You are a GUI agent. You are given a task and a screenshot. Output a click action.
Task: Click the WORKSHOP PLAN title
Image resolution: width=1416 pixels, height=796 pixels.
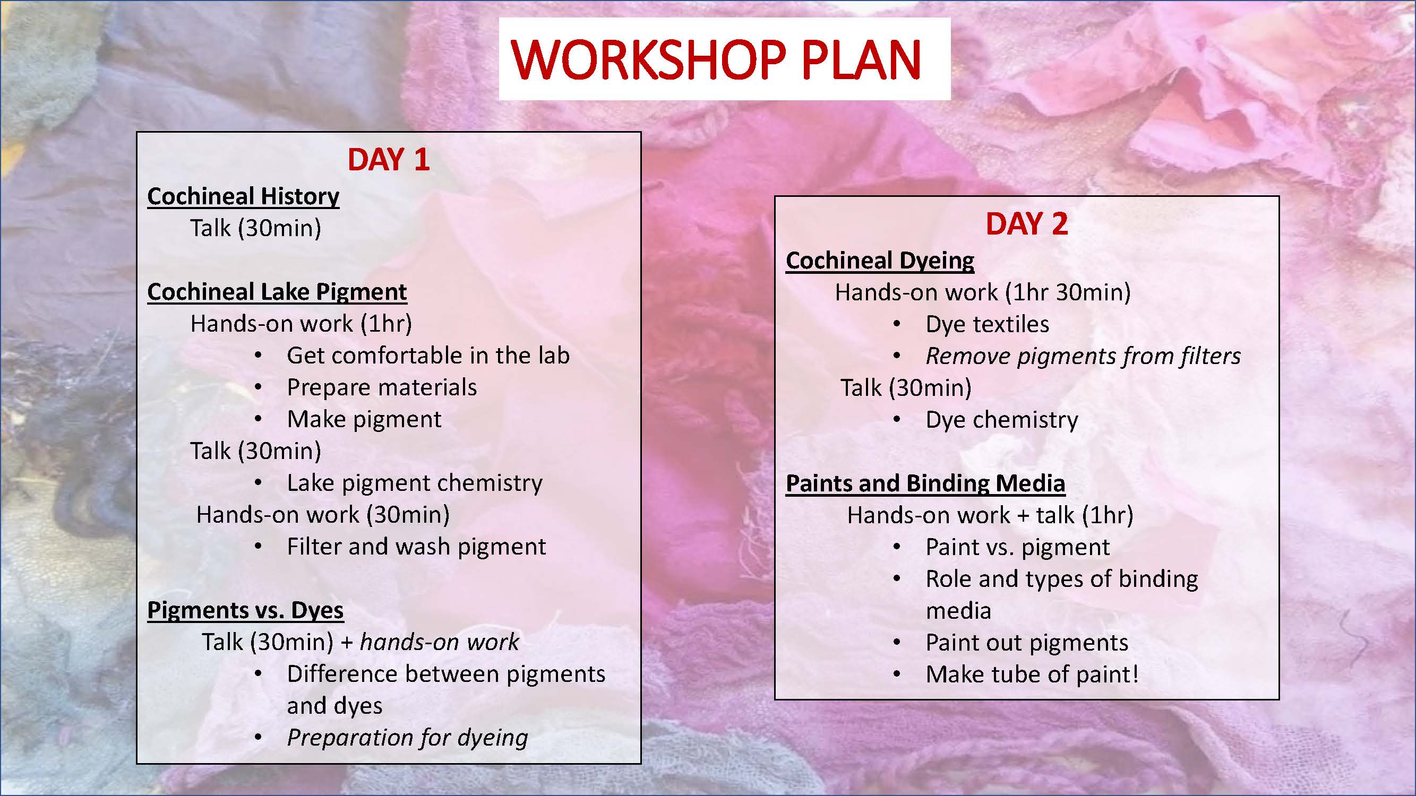pos(716,59)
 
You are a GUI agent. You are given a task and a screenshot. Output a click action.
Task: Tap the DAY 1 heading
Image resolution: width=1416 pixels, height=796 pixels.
pos(389,160)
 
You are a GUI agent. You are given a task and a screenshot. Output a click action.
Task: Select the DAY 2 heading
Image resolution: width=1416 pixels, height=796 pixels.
pos(1027,224)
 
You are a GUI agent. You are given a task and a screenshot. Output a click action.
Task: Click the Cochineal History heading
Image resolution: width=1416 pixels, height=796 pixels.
pos(243,197)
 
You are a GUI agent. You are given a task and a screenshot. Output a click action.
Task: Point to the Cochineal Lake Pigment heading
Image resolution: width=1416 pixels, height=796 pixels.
pos(277,292)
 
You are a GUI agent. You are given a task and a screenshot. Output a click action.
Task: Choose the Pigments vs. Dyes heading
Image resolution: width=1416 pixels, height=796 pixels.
pos(246,610)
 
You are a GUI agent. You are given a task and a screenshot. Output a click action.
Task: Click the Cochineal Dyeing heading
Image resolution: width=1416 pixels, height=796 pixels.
pos(880,261)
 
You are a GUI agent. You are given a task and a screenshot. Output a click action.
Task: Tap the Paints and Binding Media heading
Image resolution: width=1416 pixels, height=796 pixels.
pos(925,483)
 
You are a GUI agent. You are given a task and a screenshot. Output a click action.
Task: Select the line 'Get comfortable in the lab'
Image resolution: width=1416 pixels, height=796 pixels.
pos(428,356)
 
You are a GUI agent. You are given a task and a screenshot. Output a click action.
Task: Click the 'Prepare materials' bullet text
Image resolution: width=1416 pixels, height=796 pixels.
pos(382,387)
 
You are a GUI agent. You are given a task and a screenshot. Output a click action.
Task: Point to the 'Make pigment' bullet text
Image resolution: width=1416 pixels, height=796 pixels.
pos(364,419)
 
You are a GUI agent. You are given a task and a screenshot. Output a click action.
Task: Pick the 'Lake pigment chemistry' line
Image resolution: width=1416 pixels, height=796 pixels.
pos(415,483)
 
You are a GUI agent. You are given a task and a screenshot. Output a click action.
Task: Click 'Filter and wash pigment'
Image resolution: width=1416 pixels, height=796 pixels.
pos(417,547)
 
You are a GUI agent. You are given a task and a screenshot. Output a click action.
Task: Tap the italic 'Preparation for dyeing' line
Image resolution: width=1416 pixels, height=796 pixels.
pos(407,738)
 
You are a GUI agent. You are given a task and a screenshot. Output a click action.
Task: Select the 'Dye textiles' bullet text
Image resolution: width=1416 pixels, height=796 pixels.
pos(987,324)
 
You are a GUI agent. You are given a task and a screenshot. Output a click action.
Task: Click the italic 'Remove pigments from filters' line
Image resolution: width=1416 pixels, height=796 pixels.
pos(1084,356)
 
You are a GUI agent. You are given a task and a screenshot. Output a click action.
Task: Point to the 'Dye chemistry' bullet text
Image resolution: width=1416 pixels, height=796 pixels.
pos(1002,420)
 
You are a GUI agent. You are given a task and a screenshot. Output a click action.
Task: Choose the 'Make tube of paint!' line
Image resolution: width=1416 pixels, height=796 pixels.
pos(1032,674)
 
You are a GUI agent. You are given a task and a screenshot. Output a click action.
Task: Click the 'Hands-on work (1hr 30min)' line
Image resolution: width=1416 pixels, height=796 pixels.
pos(983,292)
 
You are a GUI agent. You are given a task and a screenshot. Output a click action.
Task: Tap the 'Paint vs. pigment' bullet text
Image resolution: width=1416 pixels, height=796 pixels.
pos(1018,547)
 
